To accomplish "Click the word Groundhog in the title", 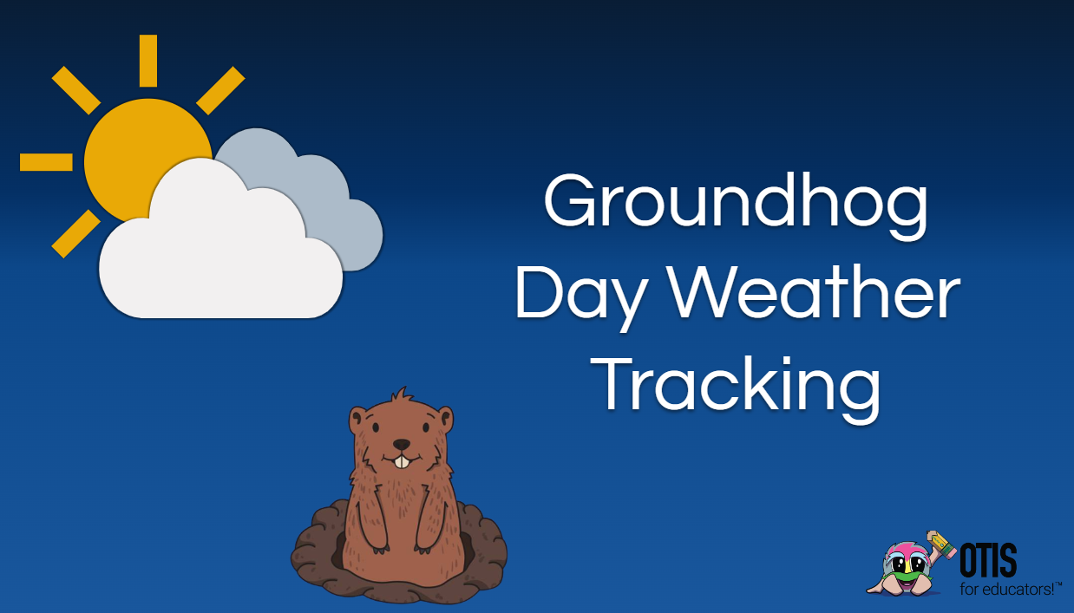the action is tap(736, 205).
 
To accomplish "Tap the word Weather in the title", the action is tap(814, 291).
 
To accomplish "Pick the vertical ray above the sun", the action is tap(148, 61).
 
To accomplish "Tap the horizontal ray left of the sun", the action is tap(46, 162).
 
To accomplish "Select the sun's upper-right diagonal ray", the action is tap(220, 90).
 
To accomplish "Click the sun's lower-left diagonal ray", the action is tap(75, 234).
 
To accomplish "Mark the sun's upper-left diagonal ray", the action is tap(75, 90).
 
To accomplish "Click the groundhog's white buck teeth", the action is tap(402, 462).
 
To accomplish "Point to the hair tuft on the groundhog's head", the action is tap(402, 396).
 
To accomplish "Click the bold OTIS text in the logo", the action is tap(988, 560).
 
